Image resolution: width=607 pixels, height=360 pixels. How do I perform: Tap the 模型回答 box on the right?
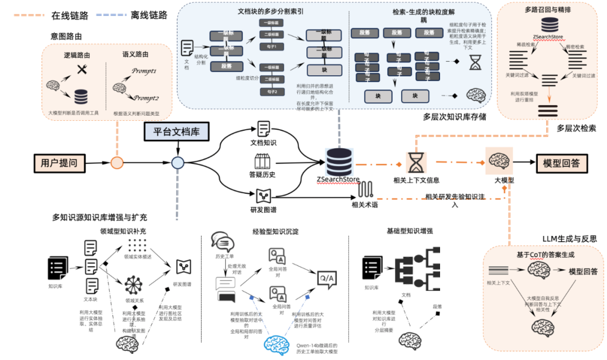tap(561, 163)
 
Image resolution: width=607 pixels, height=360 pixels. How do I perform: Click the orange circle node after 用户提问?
tap(117, 163)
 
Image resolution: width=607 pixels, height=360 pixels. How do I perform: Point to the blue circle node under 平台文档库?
tap(178, 163)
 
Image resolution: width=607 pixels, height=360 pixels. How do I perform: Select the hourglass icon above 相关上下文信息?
tap(416, 162)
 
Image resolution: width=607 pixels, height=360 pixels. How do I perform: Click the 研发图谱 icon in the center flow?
tap(264, 196)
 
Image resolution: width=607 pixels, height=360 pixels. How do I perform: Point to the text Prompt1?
tap(144, 72)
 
